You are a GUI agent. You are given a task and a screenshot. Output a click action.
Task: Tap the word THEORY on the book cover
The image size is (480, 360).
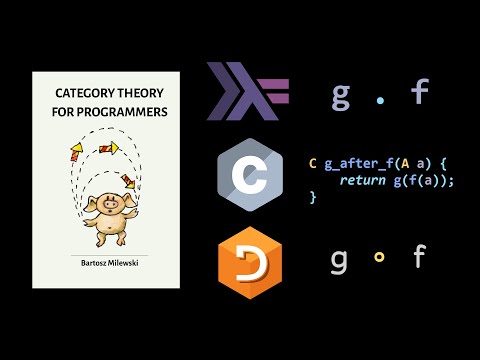138,91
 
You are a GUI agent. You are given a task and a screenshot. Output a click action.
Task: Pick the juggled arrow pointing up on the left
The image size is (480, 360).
75,153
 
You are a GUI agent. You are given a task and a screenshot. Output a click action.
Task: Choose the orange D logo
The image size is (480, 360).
246,262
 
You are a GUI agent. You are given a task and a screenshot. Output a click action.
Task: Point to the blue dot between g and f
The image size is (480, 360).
380,97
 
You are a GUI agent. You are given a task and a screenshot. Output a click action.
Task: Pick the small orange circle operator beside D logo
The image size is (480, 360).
379,258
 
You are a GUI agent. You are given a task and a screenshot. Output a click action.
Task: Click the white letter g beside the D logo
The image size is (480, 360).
340,259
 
